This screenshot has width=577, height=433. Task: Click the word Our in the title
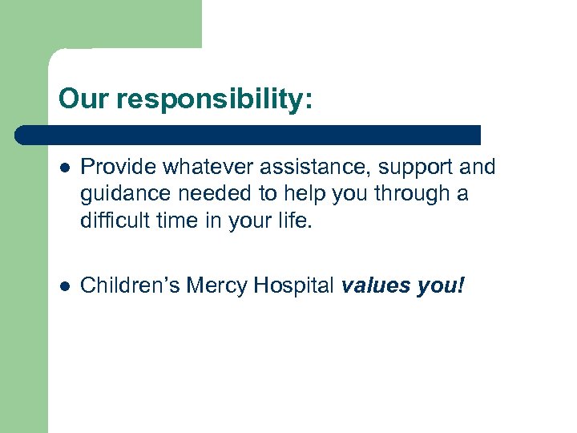[84, 99]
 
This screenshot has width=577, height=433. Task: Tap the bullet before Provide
[64, 168]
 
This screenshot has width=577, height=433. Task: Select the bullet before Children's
[64, 285]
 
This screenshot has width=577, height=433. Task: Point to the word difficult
[111, 220]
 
